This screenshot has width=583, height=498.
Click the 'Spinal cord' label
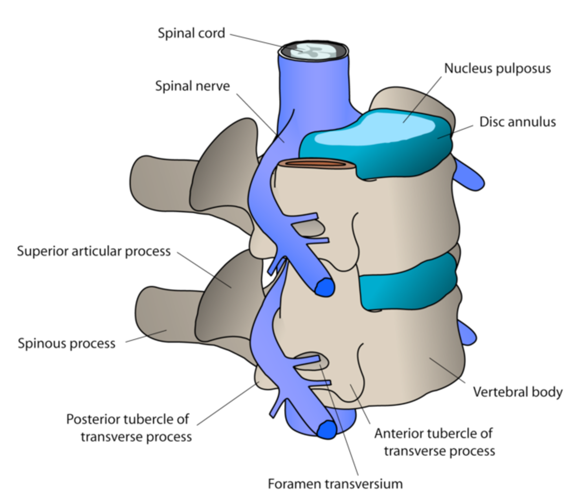[191, 34]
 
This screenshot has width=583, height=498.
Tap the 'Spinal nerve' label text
[192, 86]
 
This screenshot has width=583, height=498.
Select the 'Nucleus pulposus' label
[497, 69]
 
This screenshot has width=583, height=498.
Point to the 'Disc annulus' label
[517, 121]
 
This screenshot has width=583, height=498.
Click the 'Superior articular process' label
[94, 251]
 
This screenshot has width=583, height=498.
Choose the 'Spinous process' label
[67, 343]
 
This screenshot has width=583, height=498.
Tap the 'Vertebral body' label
[517, 392]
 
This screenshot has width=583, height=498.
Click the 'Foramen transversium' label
[335, 484]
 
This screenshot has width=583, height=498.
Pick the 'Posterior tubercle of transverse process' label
[129, 428]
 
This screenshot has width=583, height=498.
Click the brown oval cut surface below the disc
[318, 165]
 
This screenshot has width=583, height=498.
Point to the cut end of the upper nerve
[324, 288]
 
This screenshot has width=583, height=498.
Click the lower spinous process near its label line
[160, 323]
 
